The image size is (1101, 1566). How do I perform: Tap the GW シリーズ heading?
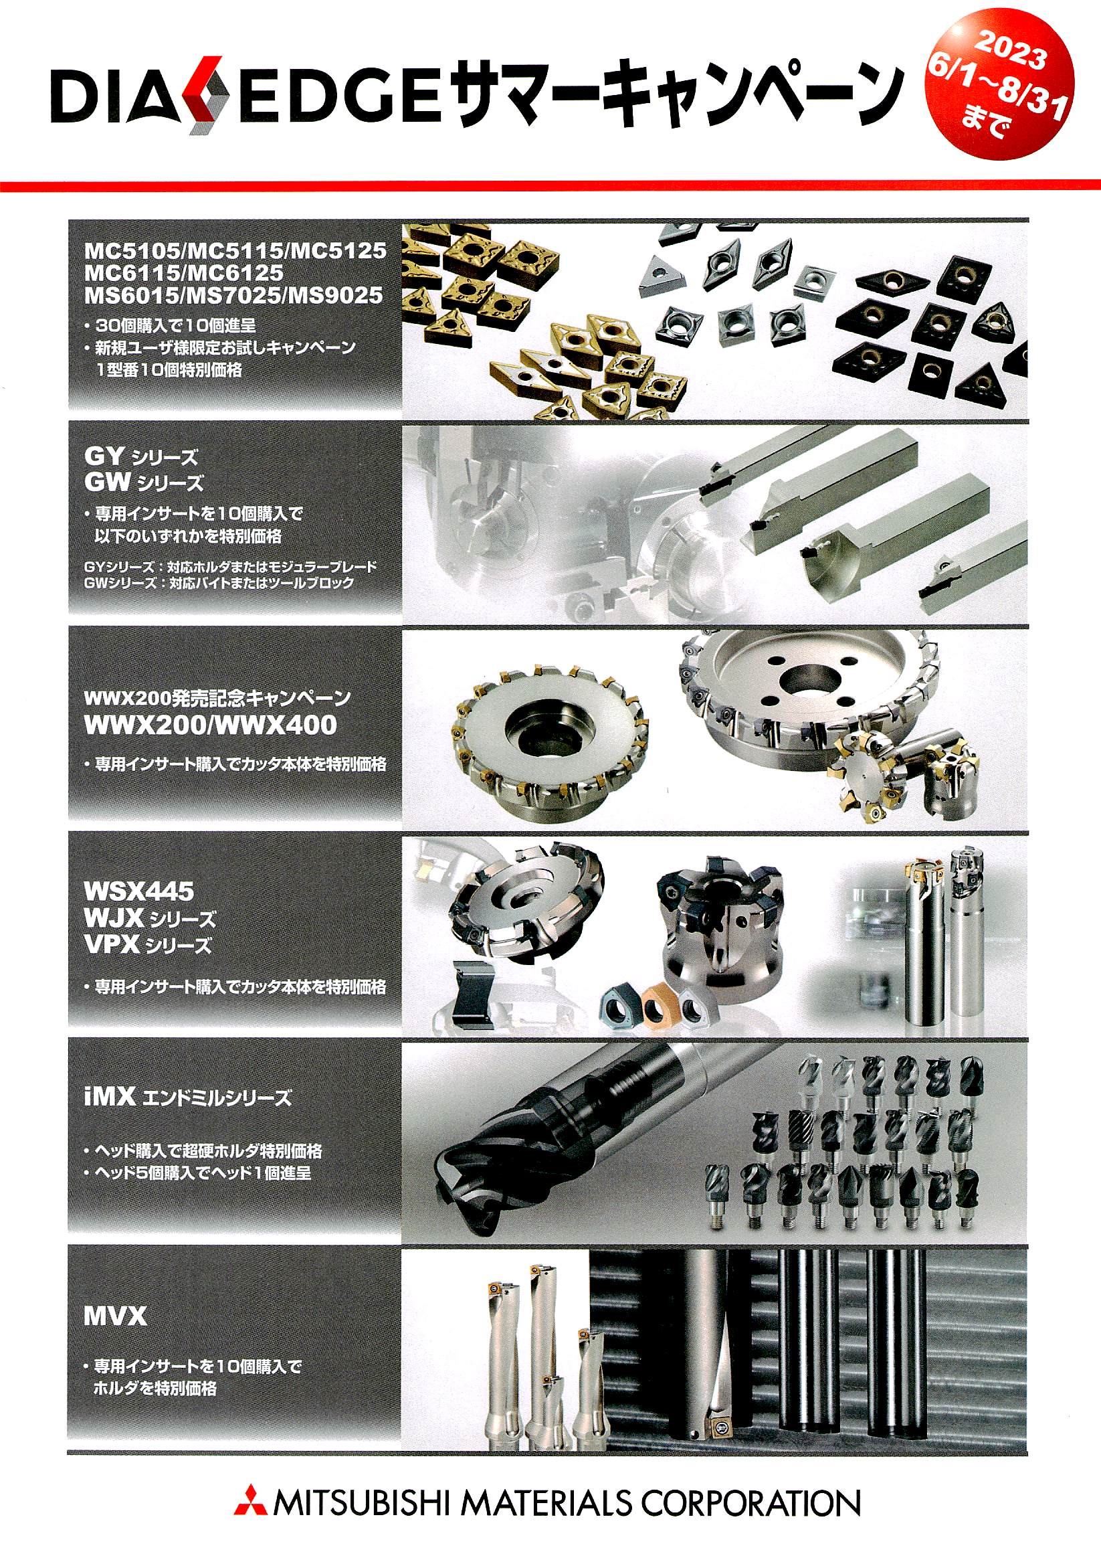(x=144, y=483)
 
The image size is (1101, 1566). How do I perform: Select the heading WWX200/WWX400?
(x=210, y=725)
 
